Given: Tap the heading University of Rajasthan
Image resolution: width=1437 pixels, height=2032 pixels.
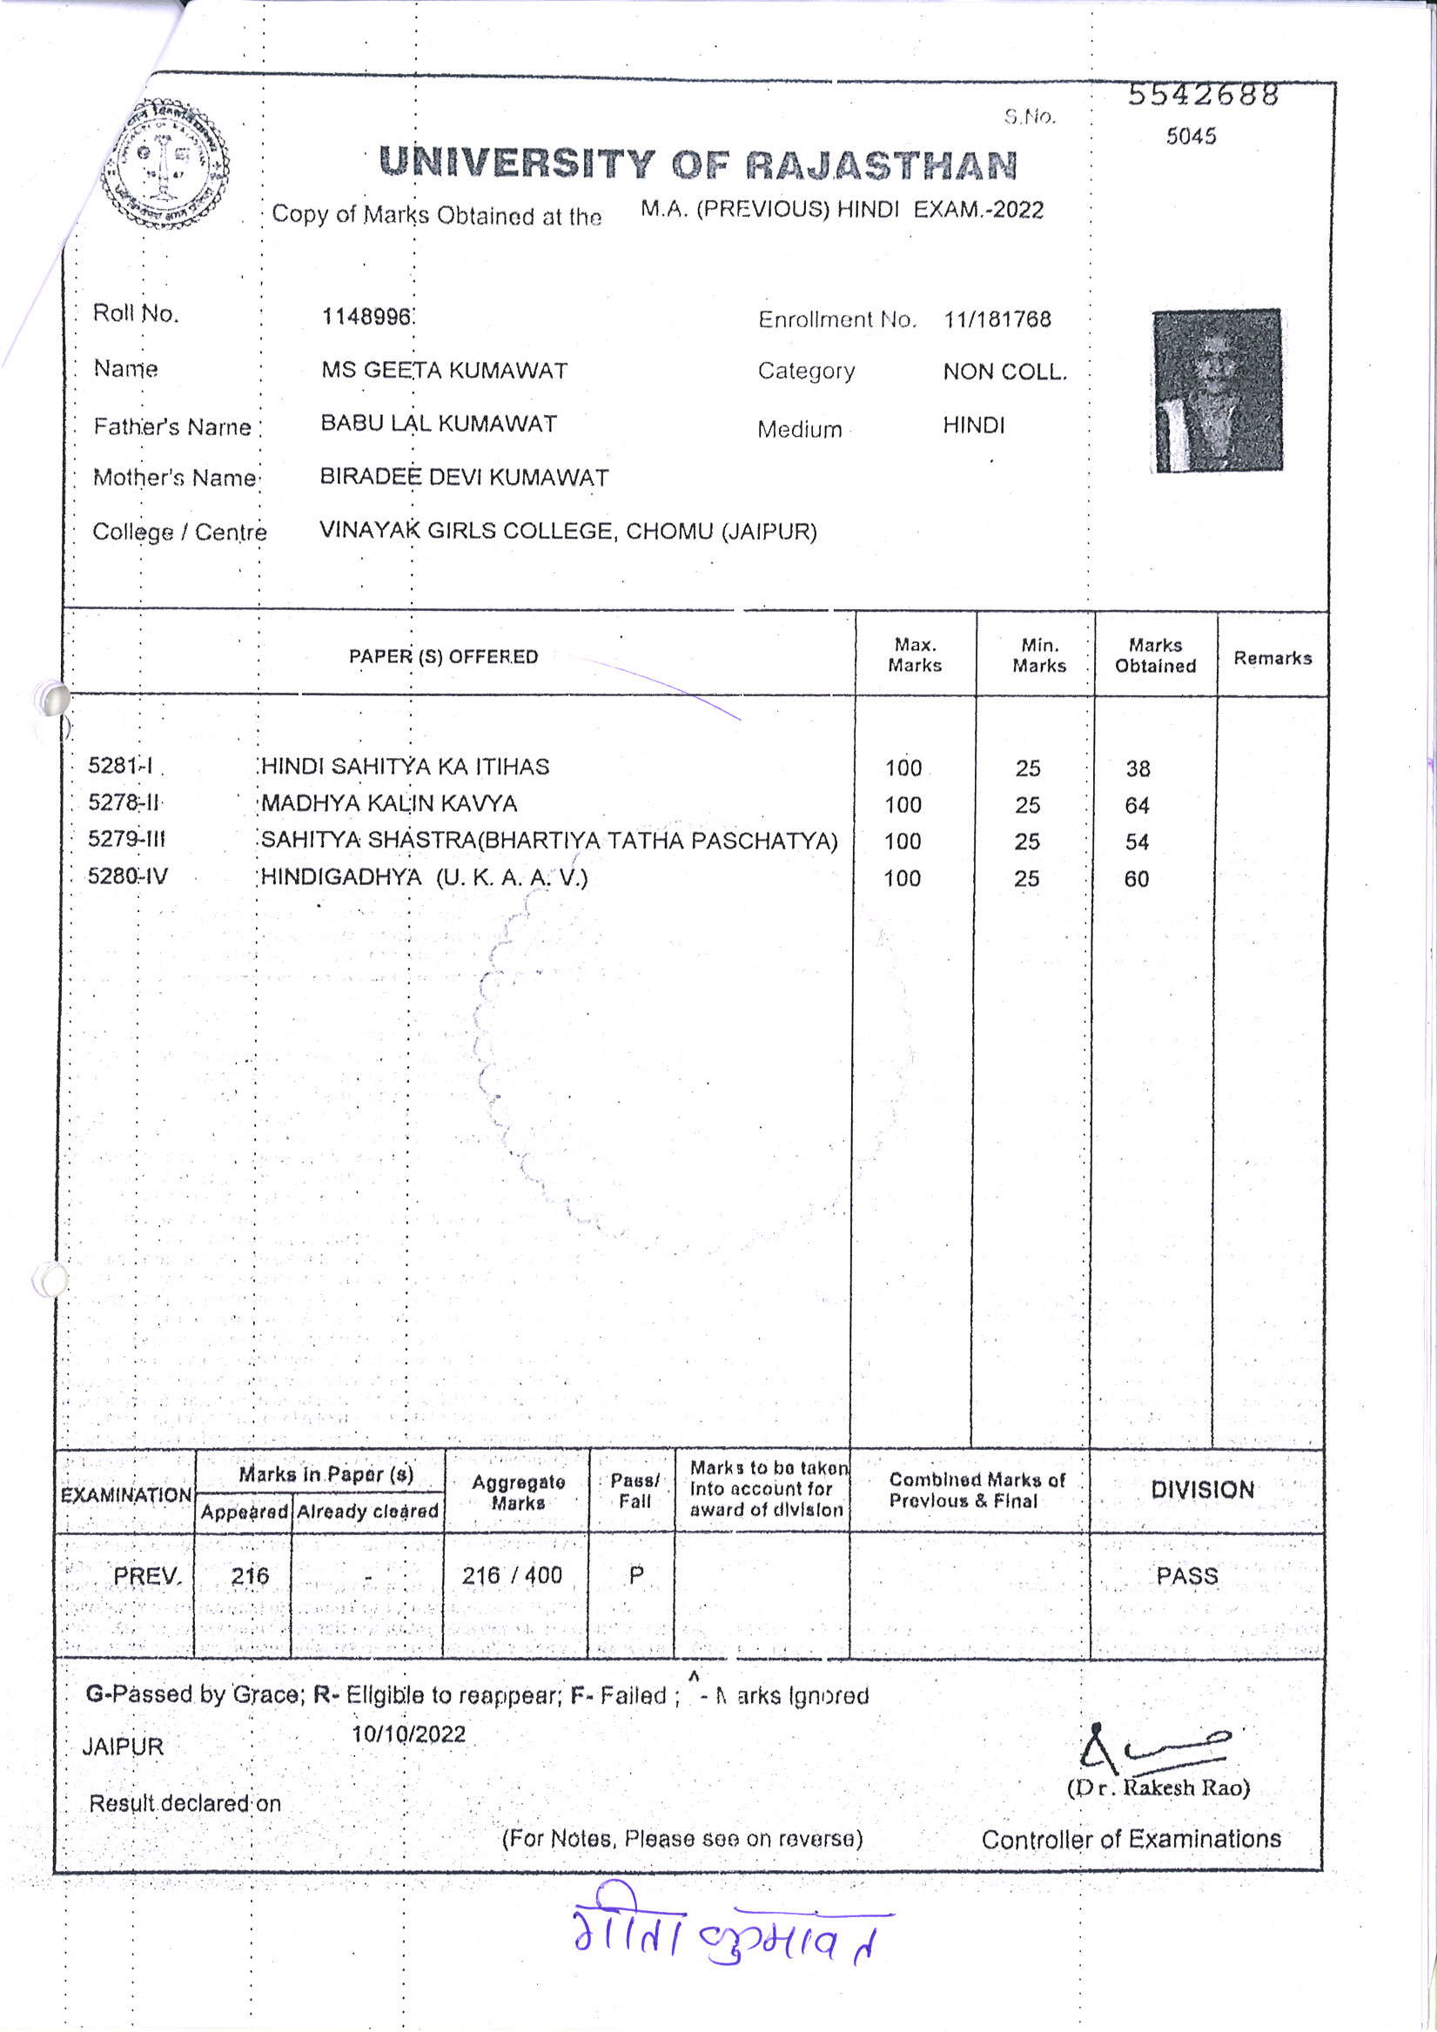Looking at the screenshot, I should (699, 164).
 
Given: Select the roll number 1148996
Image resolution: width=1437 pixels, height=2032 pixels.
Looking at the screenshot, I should (366, 317).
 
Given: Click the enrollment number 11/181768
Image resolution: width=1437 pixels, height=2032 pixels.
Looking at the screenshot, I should (997, 319).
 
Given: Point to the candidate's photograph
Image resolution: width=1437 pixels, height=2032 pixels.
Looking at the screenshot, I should (1217, 389).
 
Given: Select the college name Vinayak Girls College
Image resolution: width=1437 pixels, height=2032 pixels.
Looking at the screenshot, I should (567, 531).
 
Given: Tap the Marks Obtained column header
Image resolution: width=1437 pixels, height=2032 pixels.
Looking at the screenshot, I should (1154, 656).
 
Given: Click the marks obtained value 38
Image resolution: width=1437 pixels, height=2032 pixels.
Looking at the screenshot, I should (1138, 768).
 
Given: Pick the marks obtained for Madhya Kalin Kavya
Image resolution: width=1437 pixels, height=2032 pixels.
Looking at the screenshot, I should (1137, 805).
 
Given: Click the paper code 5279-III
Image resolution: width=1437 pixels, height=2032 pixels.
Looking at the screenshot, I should (126, 839).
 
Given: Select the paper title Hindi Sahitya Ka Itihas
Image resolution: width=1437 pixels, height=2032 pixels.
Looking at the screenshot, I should (405, 767).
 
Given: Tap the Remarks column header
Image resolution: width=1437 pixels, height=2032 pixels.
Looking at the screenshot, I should (1272, 658).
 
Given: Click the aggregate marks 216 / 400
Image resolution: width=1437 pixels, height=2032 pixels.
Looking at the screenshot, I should (512, 1574).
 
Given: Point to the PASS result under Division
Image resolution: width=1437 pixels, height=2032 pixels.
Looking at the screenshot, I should (1186, 1575).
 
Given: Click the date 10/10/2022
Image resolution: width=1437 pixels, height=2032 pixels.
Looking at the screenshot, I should (408, 1733).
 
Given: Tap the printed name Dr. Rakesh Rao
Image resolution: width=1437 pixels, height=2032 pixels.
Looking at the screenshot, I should (1158, 1787).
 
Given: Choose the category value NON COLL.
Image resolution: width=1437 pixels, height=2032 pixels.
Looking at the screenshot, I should (1005, 372).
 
